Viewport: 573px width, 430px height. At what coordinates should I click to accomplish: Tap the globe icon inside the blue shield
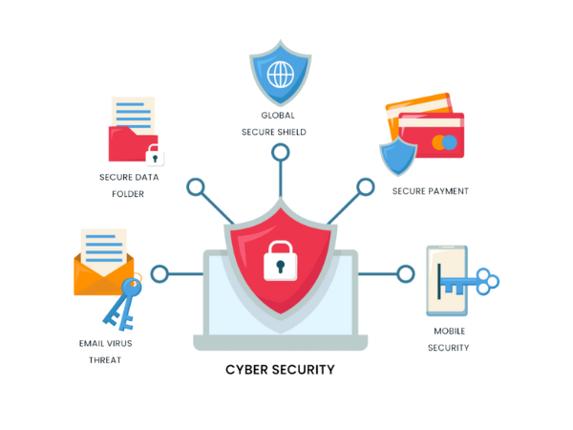pos(281,74)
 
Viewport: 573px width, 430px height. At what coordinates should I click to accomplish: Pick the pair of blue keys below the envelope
pos(122,304)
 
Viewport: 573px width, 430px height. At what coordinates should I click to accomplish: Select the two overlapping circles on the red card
pos(444,142)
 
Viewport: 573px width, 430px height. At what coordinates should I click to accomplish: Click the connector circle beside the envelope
pos(159,275)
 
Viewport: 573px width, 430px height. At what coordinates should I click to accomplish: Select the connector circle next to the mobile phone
pos(406,275)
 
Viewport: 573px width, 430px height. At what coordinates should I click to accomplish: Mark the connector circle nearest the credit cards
pos(365,185)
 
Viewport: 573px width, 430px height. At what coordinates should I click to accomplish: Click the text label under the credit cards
pos(432,190)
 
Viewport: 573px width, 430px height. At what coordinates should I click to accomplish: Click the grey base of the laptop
pos(280,342)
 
